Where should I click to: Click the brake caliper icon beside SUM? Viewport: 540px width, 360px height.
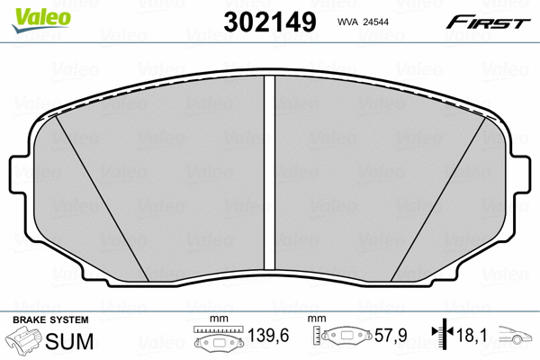tap(26, 342)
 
